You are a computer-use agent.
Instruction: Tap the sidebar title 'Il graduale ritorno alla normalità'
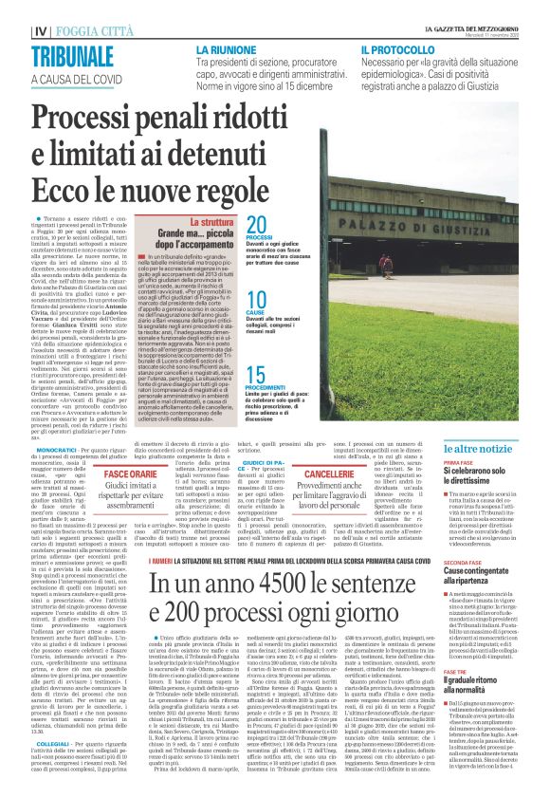tap(483, 681)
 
